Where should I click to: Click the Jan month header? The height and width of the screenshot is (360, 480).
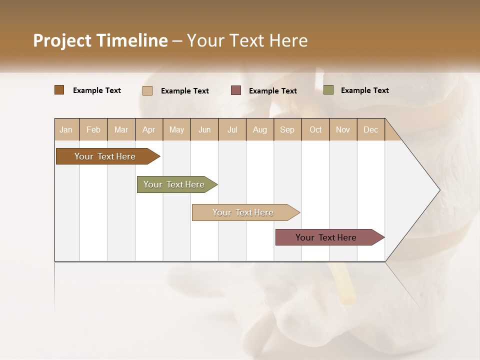click(66, 129)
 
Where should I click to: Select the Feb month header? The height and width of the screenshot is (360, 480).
click(93, 129)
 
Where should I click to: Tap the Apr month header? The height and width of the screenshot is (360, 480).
click(149, 129)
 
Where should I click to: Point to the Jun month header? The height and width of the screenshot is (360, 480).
click(204, 129)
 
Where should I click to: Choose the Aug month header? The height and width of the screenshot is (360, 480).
click(260, 129)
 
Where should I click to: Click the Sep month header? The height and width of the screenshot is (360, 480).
click(287, 129)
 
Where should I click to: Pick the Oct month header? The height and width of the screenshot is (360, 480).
click(315, 129)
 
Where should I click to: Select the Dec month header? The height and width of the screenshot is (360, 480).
click(371, 129)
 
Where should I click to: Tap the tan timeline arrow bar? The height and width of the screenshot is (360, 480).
click(243, 212)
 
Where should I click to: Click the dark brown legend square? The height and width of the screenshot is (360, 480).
click(59, 90)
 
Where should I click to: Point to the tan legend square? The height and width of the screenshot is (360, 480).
click(147, 90)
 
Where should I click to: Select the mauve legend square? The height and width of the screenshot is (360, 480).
click(236, 90)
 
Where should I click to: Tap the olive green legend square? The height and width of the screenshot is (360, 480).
click(328, 90)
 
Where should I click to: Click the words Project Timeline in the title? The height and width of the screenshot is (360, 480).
click(100, 40)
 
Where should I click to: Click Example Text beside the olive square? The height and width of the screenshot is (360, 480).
click(364, 90)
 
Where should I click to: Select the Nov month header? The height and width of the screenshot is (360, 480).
click(343, 129)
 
